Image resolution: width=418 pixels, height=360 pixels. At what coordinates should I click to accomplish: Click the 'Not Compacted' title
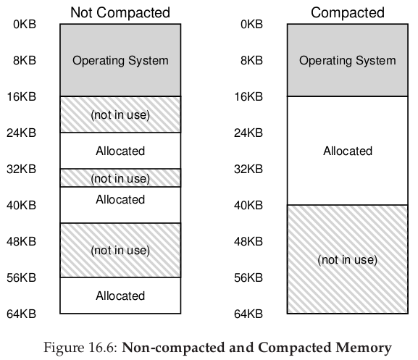tap(120, 12)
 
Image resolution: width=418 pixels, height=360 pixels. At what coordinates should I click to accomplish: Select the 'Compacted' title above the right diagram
tap(348, 12)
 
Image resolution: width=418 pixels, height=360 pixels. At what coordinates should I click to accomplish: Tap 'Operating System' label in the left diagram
tap(120, 61)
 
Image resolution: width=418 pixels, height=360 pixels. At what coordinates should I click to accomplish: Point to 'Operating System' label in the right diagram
tap(348, 61)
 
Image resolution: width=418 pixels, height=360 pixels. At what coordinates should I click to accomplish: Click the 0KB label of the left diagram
tap(25, 24)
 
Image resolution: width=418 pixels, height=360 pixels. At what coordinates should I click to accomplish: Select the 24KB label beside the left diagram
tap(21, 133)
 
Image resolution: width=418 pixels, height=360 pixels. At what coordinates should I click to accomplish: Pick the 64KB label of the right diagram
tap(248, 314)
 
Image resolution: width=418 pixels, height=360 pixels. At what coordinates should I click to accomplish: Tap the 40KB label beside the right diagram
tap(248, 205)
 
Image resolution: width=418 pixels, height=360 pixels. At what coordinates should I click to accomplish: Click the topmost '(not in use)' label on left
tap(120, 115)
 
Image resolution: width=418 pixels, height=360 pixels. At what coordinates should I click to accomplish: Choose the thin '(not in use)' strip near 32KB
tap(120, 178)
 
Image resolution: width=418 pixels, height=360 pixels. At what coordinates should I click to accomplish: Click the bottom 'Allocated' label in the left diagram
tap(120, 296)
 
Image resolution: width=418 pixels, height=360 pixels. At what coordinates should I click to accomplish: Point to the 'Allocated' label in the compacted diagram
tap(348, 151)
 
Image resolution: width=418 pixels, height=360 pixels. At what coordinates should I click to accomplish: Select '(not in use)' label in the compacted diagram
tap(348, 260)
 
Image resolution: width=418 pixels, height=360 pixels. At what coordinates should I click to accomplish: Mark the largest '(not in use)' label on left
tap(120, 251)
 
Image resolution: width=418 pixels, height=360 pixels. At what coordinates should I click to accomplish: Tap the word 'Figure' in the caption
tap(59, 348)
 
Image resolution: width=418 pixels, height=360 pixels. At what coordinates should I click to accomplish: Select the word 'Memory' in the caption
tap(364, 348)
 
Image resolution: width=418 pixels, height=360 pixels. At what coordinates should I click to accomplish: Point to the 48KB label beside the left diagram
tap(21, 241)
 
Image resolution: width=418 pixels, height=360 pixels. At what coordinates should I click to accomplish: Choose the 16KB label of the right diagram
tap(248, 97)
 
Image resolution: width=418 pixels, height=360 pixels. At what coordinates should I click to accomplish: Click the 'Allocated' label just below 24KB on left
tap(120, 151)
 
